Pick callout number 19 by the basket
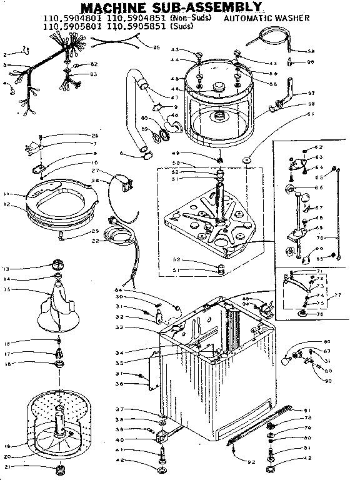[7, 446]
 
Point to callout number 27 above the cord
[96, 171]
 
